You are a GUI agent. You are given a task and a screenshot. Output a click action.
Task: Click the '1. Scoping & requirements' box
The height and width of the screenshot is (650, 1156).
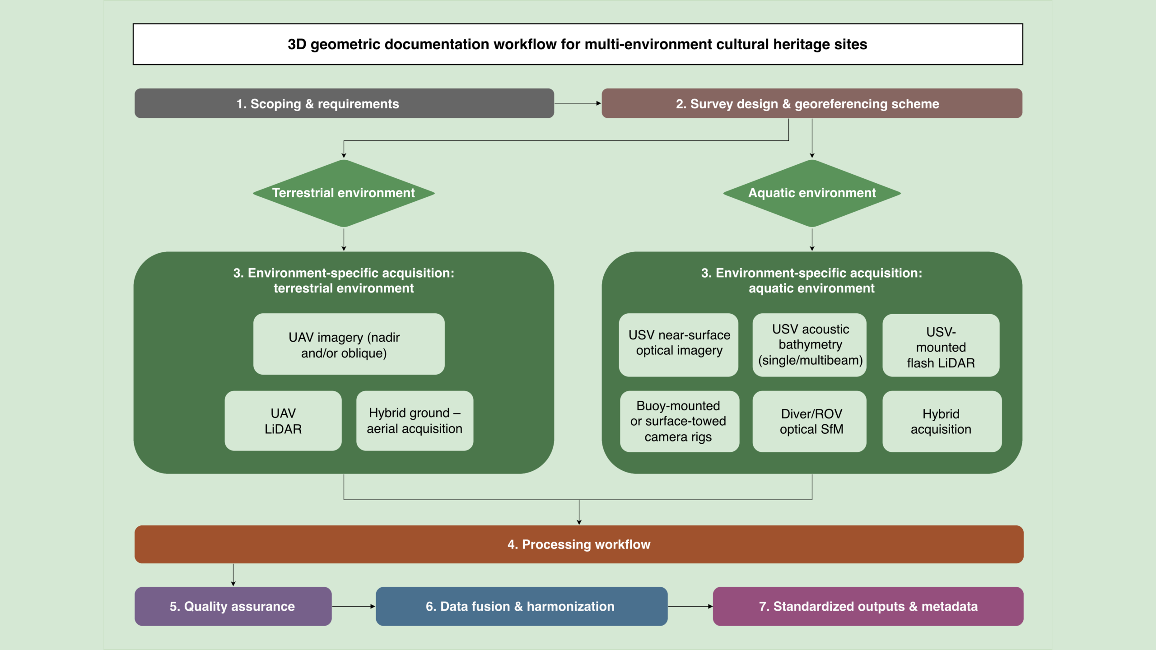click(344, 103)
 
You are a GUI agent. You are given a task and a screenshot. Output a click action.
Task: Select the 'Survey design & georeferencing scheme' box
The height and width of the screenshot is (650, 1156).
click(812, 103)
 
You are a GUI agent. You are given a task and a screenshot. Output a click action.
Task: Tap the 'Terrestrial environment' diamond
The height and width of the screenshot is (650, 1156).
click(344, 193)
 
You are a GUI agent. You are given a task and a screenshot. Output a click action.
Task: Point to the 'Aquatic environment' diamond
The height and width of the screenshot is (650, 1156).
click(812, 193)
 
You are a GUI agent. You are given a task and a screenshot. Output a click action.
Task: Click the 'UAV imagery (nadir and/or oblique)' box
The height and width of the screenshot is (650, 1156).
click(349, 344)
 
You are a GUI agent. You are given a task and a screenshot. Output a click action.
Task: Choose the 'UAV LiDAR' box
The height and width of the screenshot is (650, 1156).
click(283, 421)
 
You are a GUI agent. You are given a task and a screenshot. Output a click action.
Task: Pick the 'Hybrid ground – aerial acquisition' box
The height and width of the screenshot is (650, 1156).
click(415, 421)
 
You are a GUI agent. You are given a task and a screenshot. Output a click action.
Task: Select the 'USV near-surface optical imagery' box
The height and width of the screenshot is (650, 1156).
click(679, 345)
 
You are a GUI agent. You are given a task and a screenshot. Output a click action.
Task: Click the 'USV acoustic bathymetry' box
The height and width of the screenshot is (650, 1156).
click(810, 345)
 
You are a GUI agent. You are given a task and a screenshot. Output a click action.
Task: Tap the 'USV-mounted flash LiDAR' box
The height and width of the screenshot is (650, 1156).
click(941, 345)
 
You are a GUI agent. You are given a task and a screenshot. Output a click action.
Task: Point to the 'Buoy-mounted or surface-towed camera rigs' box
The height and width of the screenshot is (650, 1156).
click(680, 421)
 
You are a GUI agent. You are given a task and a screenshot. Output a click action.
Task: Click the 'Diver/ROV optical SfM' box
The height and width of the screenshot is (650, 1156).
click(810, 421)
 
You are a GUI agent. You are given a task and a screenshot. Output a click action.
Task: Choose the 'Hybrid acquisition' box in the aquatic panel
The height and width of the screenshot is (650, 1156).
click(942, 421)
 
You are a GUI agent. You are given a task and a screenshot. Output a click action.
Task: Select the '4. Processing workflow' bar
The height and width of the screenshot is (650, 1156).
click(579, 544)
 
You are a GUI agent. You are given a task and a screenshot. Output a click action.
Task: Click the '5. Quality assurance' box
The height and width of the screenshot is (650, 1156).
click(233, 606)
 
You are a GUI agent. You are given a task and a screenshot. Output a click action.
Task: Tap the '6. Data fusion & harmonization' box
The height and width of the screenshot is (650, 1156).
click(522, 606)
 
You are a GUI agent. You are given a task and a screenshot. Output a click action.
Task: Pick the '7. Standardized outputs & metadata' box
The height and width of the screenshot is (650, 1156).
click(868, 606)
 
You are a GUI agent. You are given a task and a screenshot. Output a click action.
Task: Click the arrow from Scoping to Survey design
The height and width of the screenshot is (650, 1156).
click(578, 103)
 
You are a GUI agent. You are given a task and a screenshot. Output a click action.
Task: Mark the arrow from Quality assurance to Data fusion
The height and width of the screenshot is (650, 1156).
click(354, 606)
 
